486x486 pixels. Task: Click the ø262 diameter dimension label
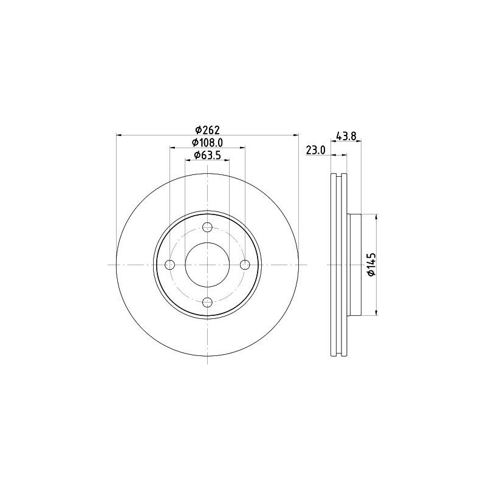point(207,129)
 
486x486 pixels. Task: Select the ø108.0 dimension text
point(207,142)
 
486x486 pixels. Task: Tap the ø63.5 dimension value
point(207,156)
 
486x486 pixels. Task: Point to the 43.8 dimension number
point(346,136)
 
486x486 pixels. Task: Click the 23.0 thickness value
point(316,150)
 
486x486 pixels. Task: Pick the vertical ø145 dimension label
point(371,265)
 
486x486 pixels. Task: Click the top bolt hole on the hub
point(207,228)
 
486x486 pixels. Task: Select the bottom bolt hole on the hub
point(207,302)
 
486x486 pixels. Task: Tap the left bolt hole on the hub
point(170,265)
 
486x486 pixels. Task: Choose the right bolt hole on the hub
point(245,265)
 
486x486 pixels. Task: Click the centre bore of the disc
point(207,265)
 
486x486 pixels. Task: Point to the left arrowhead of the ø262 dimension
point(118,135)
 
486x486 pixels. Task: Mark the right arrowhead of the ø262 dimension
point(297,135)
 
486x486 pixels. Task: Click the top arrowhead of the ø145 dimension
point(377,217)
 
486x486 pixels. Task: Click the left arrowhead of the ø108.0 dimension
point(172,148)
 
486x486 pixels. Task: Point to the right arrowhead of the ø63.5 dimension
point(227,161)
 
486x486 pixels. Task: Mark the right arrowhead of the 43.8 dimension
point(360,142)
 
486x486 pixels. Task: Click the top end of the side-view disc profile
point(339,176)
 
